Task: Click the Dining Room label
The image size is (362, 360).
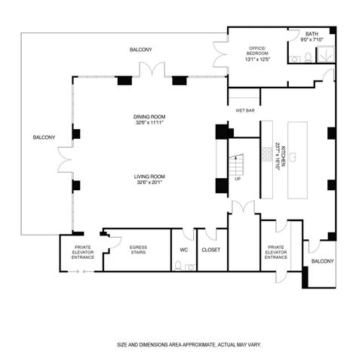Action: pyautogui.click(x=150, y=116)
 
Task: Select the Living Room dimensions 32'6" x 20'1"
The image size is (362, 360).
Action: pyautogui.click(x=150, y=182)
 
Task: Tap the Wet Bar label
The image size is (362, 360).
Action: pyautogui.click(x=244, y=110)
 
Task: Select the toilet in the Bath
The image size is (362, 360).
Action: pyautogui.click(x=307, y=58)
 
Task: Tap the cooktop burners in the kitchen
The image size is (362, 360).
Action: pyautogui.click(x=267, y=154)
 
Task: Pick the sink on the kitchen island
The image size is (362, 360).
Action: pyautogui.click(x=293, y=156)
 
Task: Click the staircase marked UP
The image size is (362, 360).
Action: pyautogui.click(x=238, y=165)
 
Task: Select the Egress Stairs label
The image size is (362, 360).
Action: pyautogui.click(x=138, y=250)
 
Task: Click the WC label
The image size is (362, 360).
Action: pyautogui.click(x=183, y=249)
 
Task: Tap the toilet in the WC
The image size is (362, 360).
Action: pyautogui.click(x=178, y=265)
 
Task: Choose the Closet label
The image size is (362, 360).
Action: pyautogui.click(x=210, y=249)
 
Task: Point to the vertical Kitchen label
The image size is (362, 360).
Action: pyautogui.click(x=278, y=155)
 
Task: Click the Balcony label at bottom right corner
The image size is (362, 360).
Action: pyautogui.click(x=322, y=261)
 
